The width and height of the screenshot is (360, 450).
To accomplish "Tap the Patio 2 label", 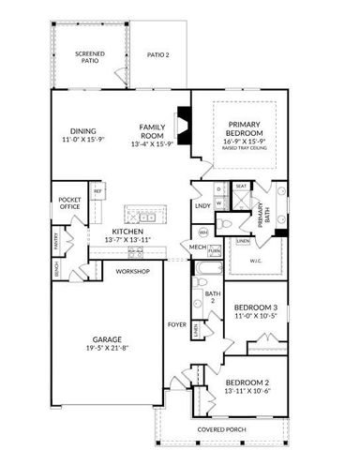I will click(158, 55).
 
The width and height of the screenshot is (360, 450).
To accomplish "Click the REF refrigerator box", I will click(97, 191).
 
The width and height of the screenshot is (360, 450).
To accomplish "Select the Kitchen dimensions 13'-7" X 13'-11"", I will click(126, 240).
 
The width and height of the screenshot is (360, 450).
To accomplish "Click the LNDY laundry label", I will click(202, 204).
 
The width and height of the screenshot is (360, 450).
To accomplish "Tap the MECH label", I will click(197, 247).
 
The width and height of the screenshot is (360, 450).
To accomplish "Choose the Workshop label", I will click(132, 271).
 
